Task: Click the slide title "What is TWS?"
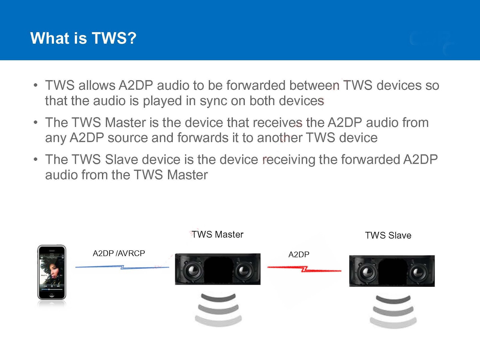click(x=83, y=38)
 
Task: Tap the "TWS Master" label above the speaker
click(x=217, y=234)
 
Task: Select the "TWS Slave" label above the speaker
click(x=388, y=235)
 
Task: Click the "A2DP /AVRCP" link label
click(x=119, y=253)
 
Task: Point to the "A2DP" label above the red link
click(x=299, y=254)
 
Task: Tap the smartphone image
click(x=52, y=272)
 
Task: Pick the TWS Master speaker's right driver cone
click(x=244, y=271)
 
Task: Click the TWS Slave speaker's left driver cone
click(x=366, y=272)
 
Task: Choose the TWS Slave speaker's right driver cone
click(x=418, y=272)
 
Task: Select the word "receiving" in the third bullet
click(x=289, y=160)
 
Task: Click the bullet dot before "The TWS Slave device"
click(x=36, y=159)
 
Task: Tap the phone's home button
click(x=52, y=295)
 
